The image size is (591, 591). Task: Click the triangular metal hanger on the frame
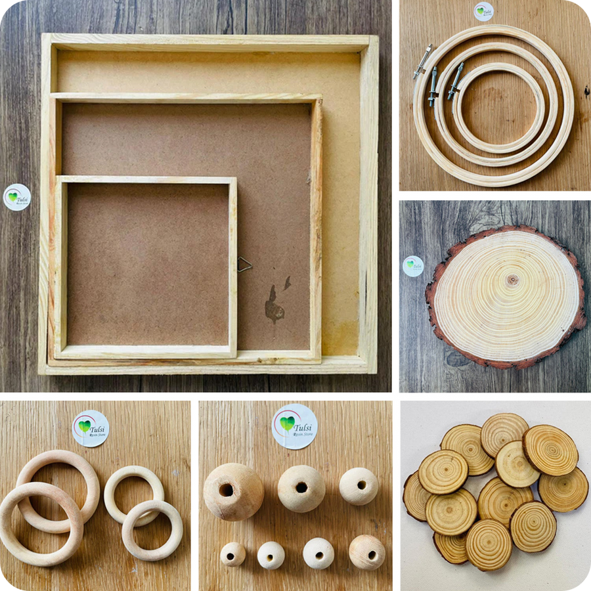[x=244, y=264]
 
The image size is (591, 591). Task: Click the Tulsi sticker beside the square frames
[x=17, y=197]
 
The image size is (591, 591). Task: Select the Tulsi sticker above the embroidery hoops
[x=483, y=11]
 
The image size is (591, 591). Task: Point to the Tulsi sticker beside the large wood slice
[x=413, y=266]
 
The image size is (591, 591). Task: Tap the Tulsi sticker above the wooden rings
[x=91, y=428]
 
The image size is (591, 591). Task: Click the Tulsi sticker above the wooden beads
[x=295, y=426]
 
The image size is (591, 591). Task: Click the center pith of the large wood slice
[x=512, y=280]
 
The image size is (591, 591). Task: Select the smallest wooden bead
[x=232, y=554]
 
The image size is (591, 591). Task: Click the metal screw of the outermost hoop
[x=423, y=61]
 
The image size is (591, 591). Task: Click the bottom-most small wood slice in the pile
[x=489, y=544]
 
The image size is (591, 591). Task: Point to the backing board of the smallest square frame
[x=148, y=263]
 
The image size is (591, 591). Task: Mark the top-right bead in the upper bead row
[x=359, y=486]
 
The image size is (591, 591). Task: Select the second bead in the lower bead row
[x=271, y=555]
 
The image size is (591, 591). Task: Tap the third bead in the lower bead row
[x=318, y=553]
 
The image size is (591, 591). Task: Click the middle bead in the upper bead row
[x=301, y=488]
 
